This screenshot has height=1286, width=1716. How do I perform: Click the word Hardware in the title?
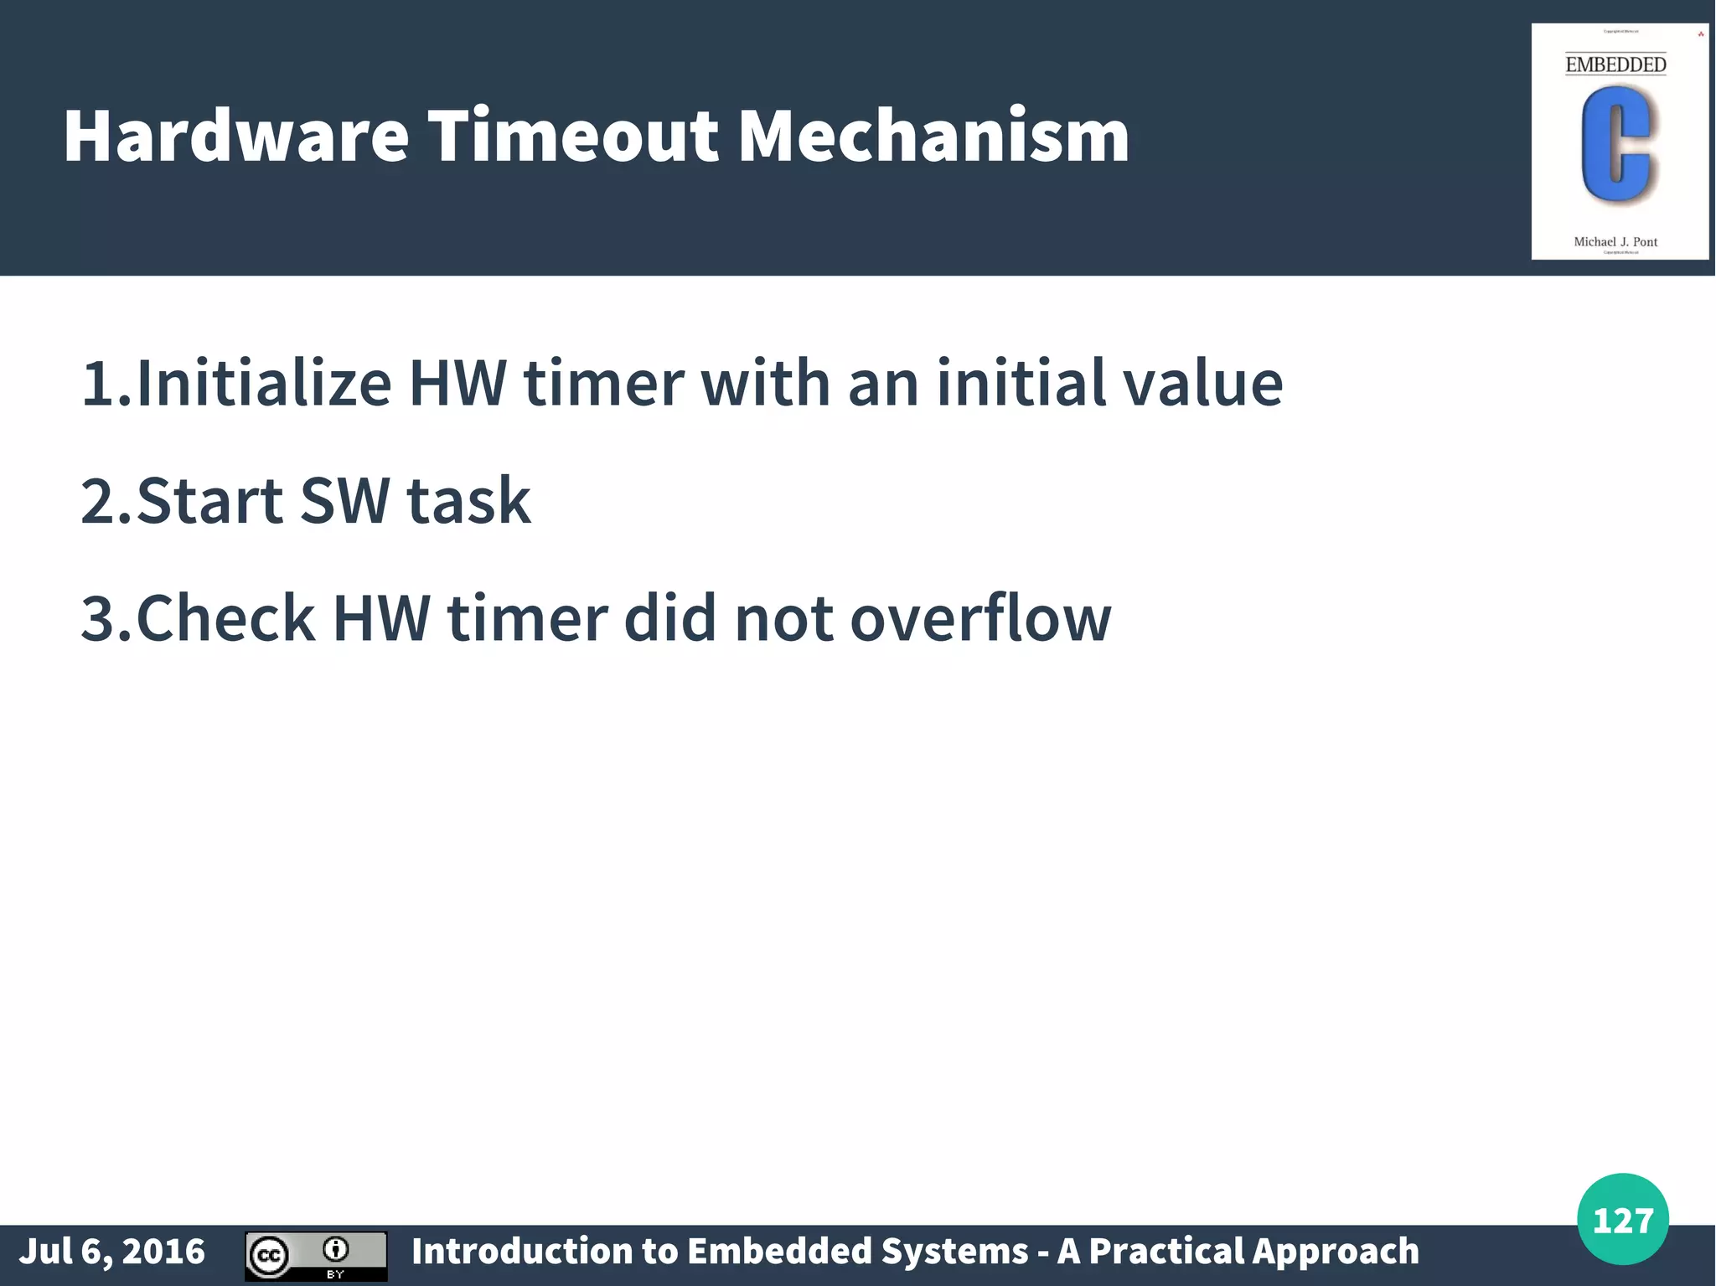(x=236, y=136)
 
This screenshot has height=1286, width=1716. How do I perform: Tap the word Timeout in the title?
(x=574, y=136)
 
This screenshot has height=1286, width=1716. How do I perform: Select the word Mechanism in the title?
(x=933, y=136)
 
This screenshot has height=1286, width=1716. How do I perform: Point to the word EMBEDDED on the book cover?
(x=1615, y=65)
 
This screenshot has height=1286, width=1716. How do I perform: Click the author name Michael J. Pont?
(x=1615, y=242)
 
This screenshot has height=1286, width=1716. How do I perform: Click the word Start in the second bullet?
(x=209, y=501)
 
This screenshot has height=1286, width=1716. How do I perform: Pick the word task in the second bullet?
(x=468, y=501)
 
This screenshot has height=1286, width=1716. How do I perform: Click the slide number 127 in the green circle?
(x=1623, y=1220)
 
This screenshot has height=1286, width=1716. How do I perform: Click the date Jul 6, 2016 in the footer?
(x=112, y=1252)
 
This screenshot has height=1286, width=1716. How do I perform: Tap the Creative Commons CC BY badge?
(x=316, y=1256)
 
